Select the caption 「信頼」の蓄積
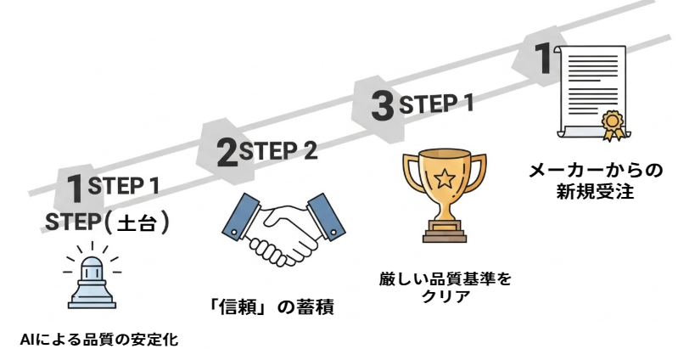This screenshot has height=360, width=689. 271,306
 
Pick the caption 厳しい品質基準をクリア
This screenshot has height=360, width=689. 445,286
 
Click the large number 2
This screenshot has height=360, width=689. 227,154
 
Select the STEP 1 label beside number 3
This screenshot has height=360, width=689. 435,104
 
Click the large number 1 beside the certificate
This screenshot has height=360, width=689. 541,59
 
